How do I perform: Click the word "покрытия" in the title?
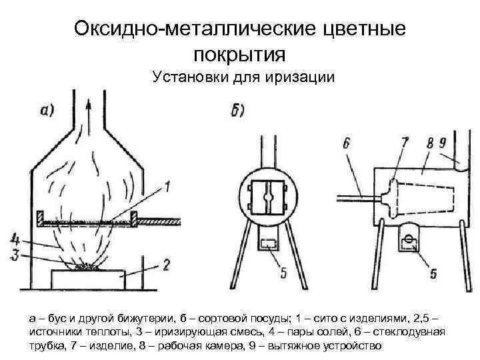click(240, 53)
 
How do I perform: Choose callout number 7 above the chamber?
click(404, 142)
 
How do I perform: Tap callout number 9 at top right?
click(442, 143)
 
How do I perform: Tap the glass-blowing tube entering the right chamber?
click(354, 197)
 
